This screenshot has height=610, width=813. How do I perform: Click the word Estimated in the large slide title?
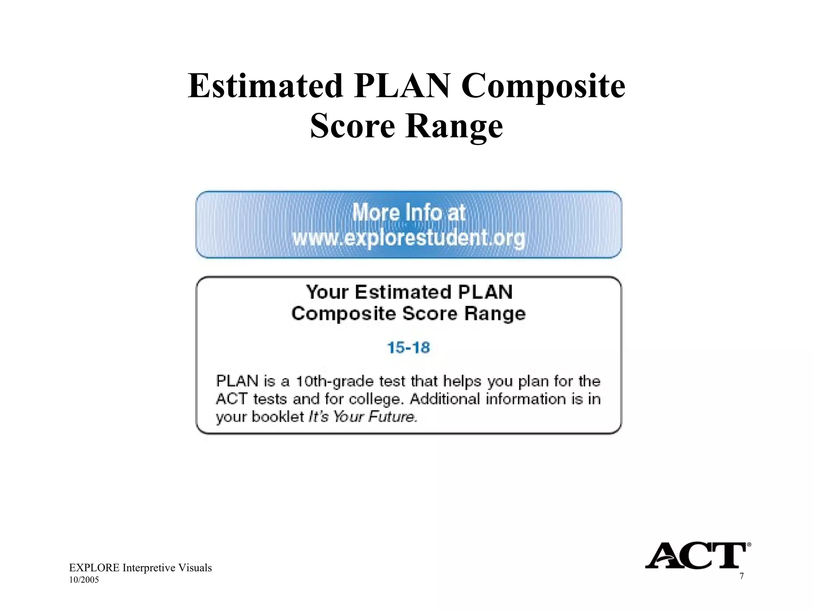click(x=265, y=86)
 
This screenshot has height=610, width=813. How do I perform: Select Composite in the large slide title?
click(x=543, y=87)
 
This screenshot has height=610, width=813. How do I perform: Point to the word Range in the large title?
click(x=455, y=126)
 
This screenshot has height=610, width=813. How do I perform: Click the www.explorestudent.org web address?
click(x=408, y=238)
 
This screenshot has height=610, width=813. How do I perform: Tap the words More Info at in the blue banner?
click(x=408, y=212)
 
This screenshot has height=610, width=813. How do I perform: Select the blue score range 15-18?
click(x=408, y=347)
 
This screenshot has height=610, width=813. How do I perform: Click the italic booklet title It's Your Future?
click(x=363, y=417)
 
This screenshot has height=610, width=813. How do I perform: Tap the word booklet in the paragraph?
click(x=277, y=417)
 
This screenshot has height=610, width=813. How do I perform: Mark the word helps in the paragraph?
click(x=462, y=381)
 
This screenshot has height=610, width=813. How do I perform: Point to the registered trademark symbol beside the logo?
click(x=749, y=545)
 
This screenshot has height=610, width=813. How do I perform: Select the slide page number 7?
click(x=742, y=576)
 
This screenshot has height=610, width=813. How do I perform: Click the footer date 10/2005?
click(x=84, y=580)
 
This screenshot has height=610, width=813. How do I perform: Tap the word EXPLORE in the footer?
click(x=94, y=568)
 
